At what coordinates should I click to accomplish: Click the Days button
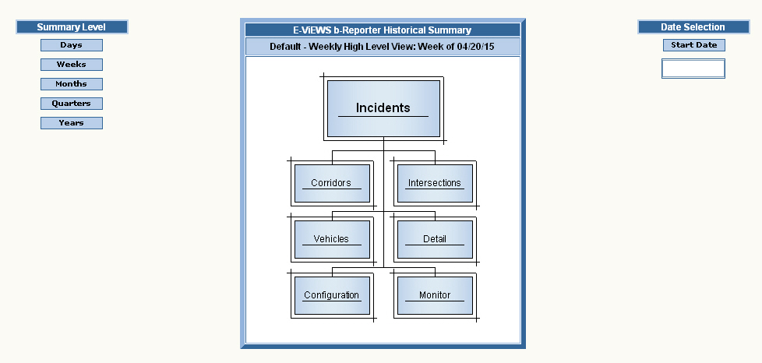[x=71, y=45]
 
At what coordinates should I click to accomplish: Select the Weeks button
[x=71, y=65]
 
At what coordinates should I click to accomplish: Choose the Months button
[x=71, y=84]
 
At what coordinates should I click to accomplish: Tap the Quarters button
[x=71, y=104]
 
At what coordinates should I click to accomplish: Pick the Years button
[x=71, y=123]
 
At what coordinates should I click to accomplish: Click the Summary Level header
[x=71, y=27]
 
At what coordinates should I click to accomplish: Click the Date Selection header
[x=693, y=27]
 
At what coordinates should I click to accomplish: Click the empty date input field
[x=693, y=69]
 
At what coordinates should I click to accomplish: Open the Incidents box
[x=383, y=108]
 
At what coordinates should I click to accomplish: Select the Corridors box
[x=331, y=183]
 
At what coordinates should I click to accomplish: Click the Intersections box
[x=434, y=183]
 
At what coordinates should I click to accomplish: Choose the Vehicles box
[x=331, y=239]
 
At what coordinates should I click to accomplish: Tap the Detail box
[x=434, y=239]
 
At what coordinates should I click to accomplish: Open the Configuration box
[x=331, y=295]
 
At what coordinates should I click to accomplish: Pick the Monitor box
[x=434, y=295]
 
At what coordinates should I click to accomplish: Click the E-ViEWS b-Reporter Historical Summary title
[x=382, y=30]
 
